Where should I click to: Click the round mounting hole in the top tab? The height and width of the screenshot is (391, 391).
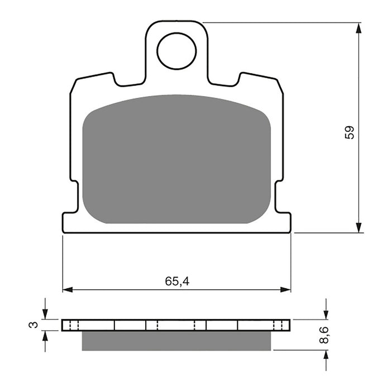tap(177, 51)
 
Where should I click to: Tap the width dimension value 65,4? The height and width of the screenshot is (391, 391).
tap(177, 282)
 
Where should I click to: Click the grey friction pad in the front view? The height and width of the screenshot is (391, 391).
tap(177, 159)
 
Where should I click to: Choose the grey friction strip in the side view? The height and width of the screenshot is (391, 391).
tap(177, 341)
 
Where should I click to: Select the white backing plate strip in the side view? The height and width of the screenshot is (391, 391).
tap(177, 325)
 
